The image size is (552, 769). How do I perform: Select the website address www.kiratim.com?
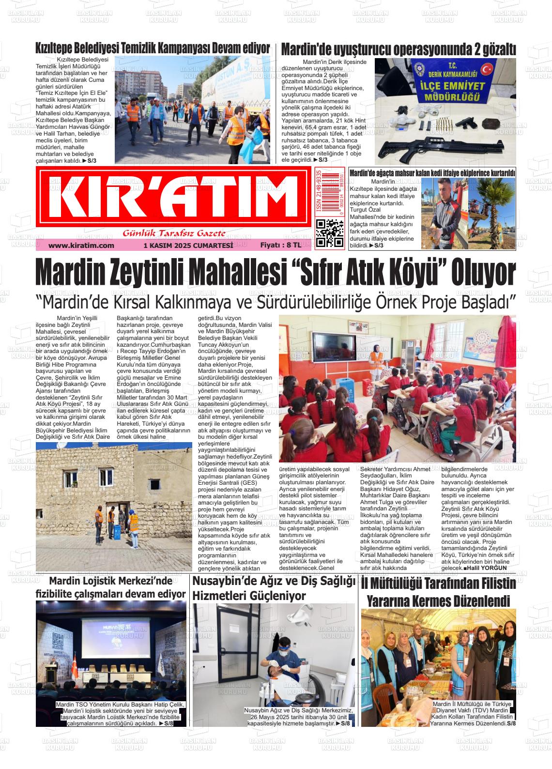[x=81, y=246]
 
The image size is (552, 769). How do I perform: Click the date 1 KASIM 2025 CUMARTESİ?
[x=188, y=246]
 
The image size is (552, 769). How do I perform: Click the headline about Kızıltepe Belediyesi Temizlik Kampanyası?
[x=153, y=49]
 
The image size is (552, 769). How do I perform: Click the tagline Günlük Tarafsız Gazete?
[x=174, y=234]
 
